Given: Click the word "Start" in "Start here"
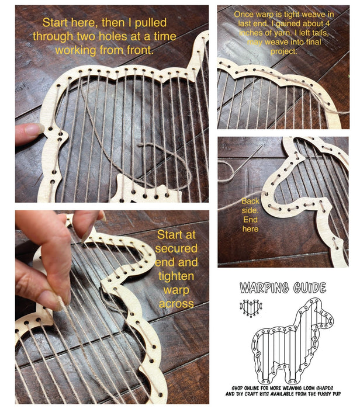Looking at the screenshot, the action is coord(55,22).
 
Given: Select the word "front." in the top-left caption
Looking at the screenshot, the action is coord(140,50).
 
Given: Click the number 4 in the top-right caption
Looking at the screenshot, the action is coord(327,24).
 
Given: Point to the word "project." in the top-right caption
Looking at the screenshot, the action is coord(283,51).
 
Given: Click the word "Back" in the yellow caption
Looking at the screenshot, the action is coord(250,201).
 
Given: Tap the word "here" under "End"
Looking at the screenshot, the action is coord(250,229).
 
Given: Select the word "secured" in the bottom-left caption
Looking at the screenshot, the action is coord(176,248).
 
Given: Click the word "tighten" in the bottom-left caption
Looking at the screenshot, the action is coord(176,276).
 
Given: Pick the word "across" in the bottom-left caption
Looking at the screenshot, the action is coord(176,304).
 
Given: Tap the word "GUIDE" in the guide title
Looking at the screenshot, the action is coord(310,287).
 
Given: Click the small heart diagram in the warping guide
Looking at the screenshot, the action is coord(251,308).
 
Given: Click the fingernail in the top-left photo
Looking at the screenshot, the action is coord(33,129).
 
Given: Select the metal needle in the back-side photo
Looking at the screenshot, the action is coord(247,160).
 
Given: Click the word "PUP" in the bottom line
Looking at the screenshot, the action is coord(335,394).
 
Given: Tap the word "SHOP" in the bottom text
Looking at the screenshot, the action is coord(237,388).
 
